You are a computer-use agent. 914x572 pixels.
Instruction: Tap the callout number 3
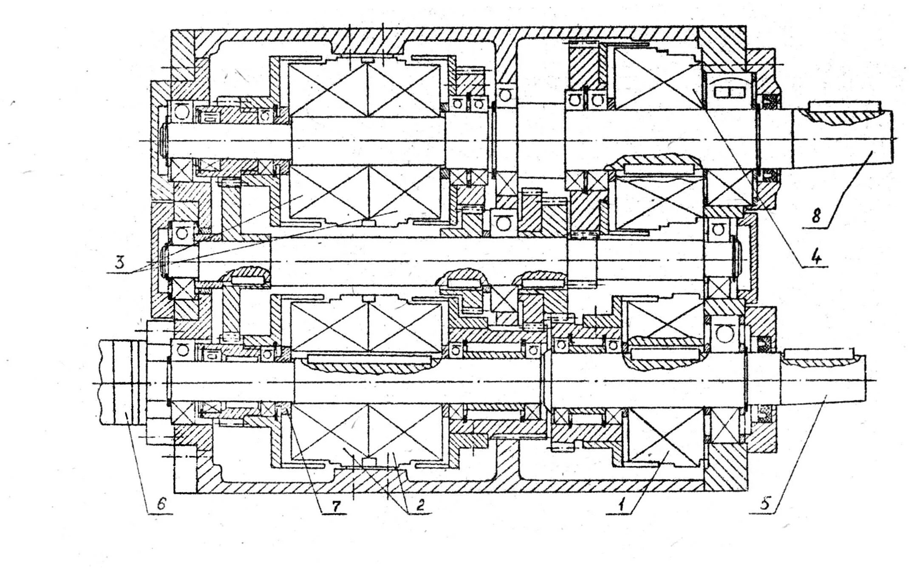[120, 263]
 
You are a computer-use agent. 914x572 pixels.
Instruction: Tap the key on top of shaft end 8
[843, 105]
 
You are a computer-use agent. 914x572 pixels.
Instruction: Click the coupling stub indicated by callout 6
[123, 382]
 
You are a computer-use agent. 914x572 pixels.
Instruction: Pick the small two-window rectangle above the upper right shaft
[729, 92]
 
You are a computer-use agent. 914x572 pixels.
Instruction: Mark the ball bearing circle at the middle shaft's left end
[183, 232]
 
